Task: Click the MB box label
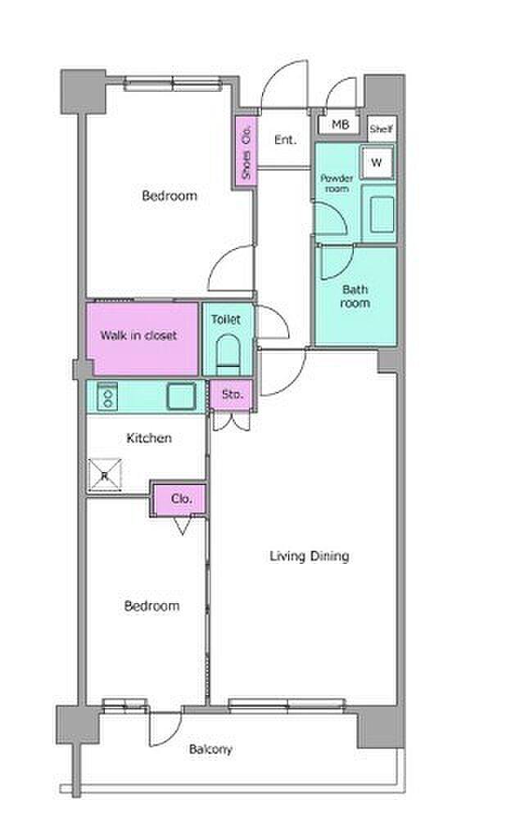tap(340, 125)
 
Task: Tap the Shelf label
tap(382, 128)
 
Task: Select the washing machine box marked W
tap(377, 162)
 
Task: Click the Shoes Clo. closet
tap(246, 152)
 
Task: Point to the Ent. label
tap(286, 140)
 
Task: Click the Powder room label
tap(337, 184)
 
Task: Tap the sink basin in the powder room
tap(382, 214)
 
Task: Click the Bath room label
tap(355, 296)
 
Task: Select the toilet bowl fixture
tap(228, 350)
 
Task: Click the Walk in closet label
tap(138, 335)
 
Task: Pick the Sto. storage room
tap(232, 395)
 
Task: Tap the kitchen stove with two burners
tap(107, 395)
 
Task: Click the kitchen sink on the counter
tap(182, 396)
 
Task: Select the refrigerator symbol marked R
tap(105, 475)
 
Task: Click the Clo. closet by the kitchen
tap(180, 499)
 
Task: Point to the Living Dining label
tap(310, 556)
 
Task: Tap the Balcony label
tap(210, 749)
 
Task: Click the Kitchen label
tap(149, 438)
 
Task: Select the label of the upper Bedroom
tap(170, 196)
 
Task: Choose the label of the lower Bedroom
tap(151, 606)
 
